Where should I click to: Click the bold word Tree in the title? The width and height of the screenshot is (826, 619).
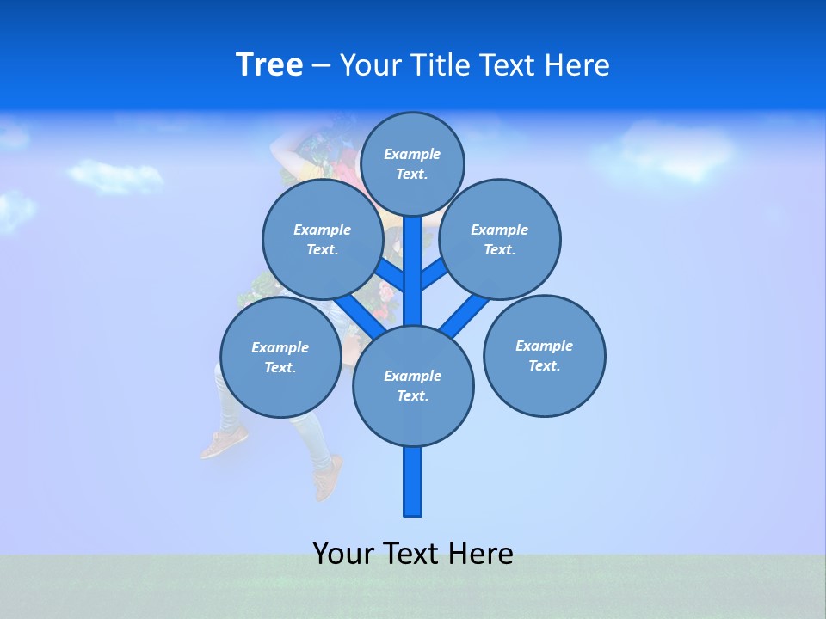(269, 65)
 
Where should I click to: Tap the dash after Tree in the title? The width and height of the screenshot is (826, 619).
(321, 66)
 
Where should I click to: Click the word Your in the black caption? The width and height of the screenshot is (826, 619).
(342, 554)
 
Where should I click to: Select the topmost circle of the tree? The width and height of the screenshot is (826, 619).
(412, 163)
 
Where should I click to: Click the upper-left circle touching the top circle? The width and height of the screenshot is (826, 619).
(322, 239)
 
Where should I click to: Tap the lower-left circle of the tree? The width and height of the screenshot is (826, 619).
(280, 357)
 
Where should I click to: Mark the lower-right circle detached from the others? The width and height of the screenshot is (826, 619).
(544, 355)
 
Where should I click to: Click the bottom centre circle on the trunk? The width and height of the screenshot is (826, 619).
(413, 386)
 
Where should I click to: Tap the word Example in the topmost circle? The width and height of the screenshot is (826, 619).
(412, 154)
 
